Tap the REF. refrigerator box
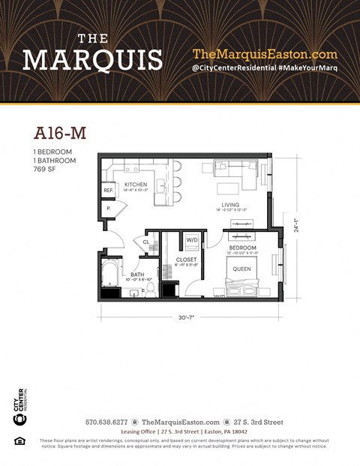click(108, 191)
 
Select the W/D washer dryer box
click(192, 240)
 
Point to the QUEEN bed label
click(241, 268)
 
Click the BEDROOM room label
click(242, 248)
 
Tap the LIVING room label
click(229, 204)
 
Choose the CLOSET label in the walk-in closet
click(186, 260)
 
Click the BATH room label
click(137, 275)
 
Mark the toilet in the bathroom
click(150, 289)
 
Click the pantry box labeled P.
click(108, 208)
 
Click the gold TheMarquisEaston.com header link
click(265, 54)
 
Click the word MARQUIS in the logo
click(92, 59)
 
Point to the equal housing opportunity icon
click(20, 440)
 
